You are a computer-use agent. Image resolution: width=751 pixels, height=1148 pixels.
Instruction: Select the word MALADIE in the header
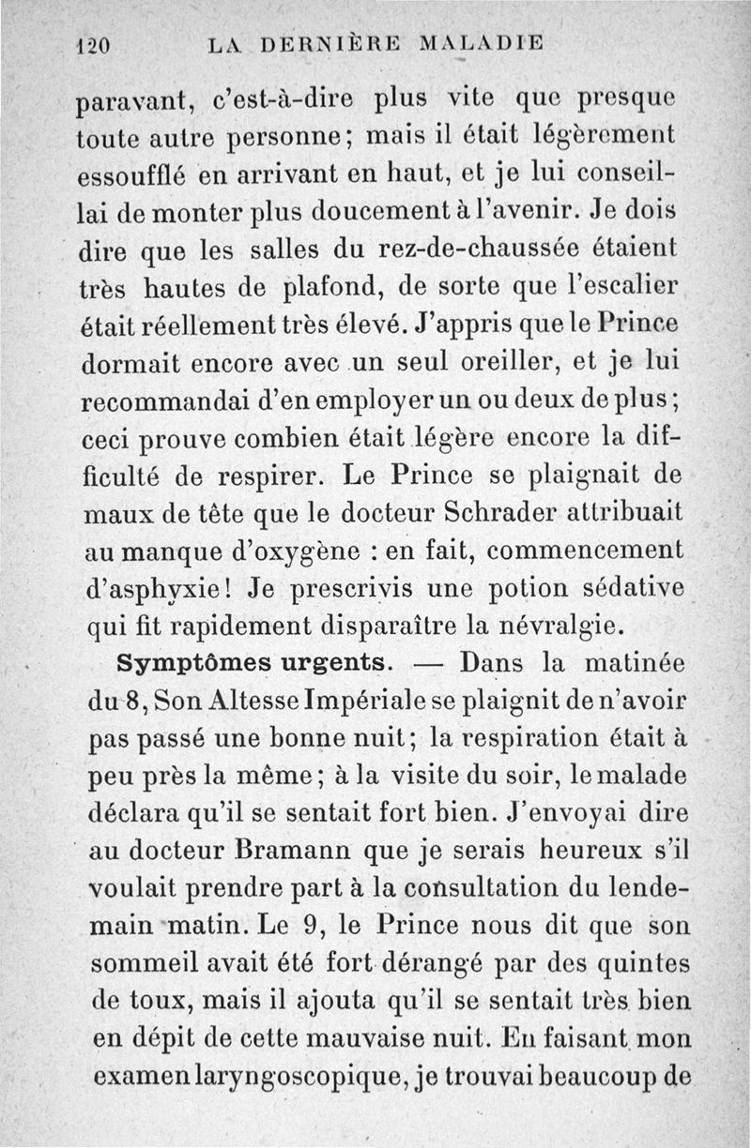coord(481,42)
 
